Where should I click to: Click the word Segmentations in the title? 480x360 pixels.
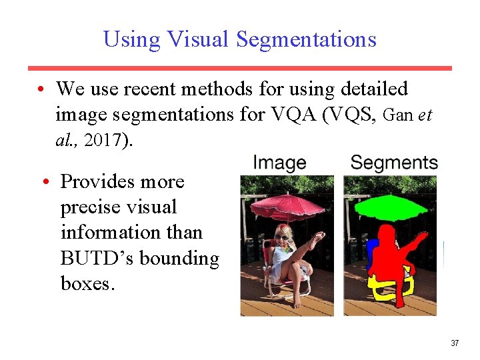click(x=306, y=39)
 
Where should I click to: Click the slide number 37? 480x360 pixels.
click(x=455, y=343)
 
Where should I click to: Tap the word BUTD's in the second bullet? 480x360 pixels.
click(x=103, y=258)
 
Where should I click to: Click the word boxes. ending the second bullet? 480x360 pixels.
click(x=88, y=283)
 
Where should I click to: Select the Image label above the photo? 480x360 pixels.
click(x=279, y=162)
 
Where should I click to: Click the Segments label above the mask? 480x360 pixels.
click(x=393, y=162)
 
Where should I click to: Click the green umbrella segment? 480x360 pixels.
click(x=391, y=207)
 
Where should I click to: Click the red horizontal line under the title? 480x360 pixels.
click(x=239, y=68)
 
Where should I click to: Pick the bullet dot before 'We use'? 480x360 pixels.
click(x=41, y=89)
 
